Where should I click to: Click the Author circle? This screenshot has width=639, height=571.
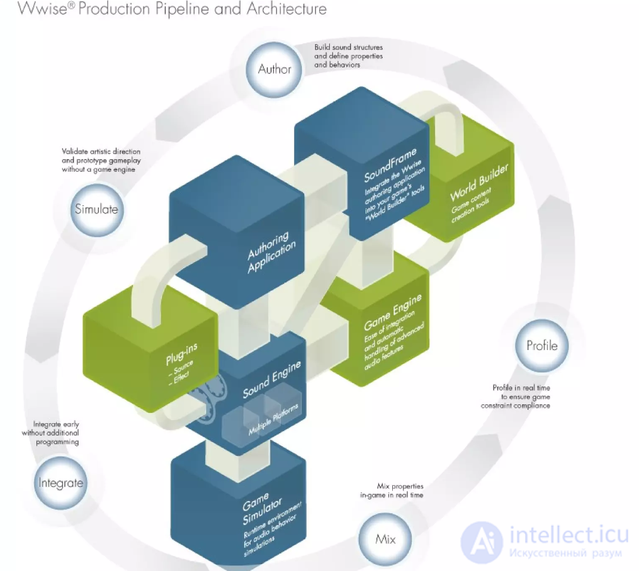pos(274,69)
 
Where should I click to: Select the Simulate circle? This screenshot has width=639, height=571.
pos(96,210)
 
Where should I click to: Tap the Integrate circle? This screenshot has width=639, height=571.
pos(60,483)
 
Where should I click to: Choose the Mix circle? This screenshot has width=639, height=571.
pos(385,540)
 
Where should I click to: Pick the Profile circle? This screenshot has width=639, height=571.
pos(541,346)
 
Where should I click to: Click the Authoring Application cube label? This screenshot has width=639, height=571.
pos(271,251)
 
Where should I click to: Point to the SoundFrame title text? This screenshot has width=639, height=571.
pos(390,164)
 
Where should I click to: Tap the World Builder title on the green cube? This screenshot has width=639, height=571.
pos(479,182)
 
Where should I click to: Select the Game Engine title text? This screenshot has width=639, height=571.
pos(392,312)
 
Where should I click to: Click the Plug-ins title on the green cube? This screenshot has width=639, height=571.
pos(181,353)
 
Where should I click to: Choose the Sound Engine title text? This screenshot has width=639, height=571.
pos(272,378)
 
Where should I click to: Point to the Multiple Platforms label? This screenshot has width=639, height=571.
pos(273,419)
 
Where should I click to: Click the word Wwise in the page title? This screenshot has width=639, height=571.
pos(42,9)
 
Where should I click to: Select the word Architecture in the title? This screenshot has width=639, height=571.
pos(286,9)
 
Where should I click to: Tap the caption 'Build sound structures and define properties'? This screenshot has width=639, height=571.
pos(348,52)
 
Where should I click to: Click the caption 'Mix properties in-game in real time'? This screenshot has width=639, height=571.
pos(392,490)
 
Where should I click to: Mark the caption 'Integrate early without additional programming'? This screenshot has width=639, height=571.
pos(50,433)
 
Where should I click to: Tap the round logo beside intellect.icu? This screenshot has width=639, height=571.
pos(481,541)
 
